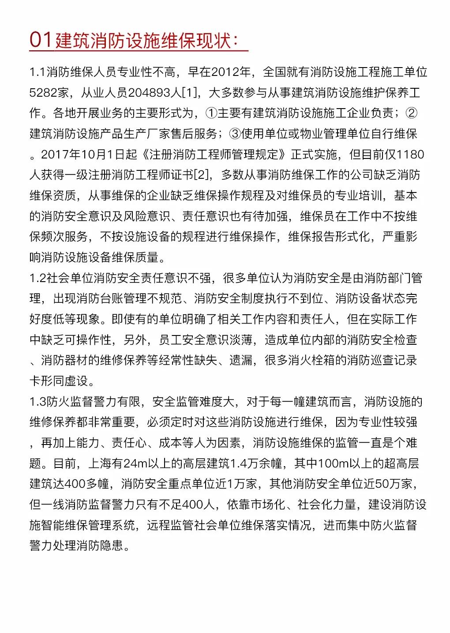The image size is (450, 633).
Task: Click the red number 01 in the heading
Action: [41, 40]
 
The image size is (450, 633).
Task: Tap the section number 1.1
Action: [37, 72]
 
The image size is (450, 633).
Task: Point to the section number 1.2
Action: [37, 278]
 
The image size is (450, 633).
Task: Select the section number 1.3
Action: [37, 402]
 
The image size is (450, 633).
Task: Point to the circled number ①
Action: [211, 113]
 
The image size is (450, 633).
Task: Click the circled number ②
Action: [411, 113]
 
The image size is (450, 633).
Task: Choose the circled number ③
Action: [235, 134]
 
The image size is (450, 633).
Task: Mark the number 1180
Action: [410, 154]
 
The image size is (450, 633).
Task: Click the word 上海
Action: [100, 463]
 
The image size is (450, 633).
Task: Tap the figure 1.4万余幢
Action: [256, 463]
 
